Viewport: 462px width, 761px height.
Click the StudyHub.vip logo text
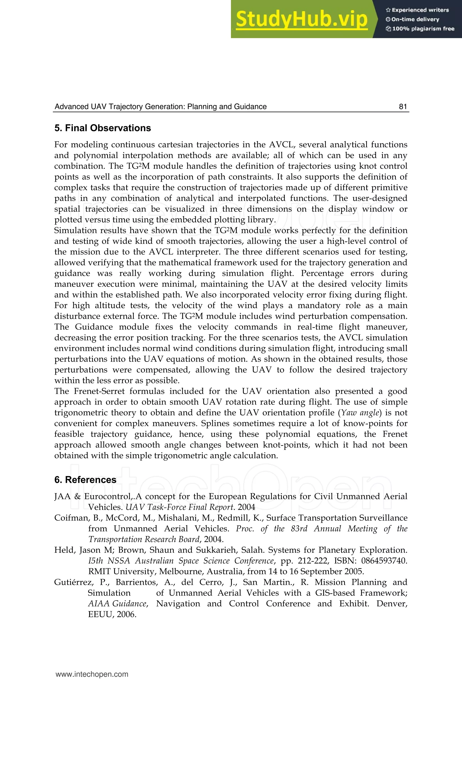pyautogui.click(x=302, y=19)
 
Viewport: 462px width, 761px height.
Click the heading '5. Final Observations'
pyautogui.click(x=103, y=128)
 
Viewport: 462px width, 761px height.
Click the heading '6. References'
pyautogui.click(x=85, y=480)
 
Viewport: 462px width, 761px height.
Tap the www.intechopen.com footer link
pyautogui.click(x=92, y=674)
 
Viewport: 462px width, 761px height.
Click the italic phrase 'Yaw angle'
pyautogui.click(x=360, y=413)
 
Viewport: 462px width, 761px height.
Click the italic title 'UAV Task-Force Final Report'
pyautogui.click(x=179, y=507)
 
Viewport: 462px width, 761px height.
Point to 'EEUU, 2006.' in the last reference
pyautogui.click(x=112, y=614)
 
